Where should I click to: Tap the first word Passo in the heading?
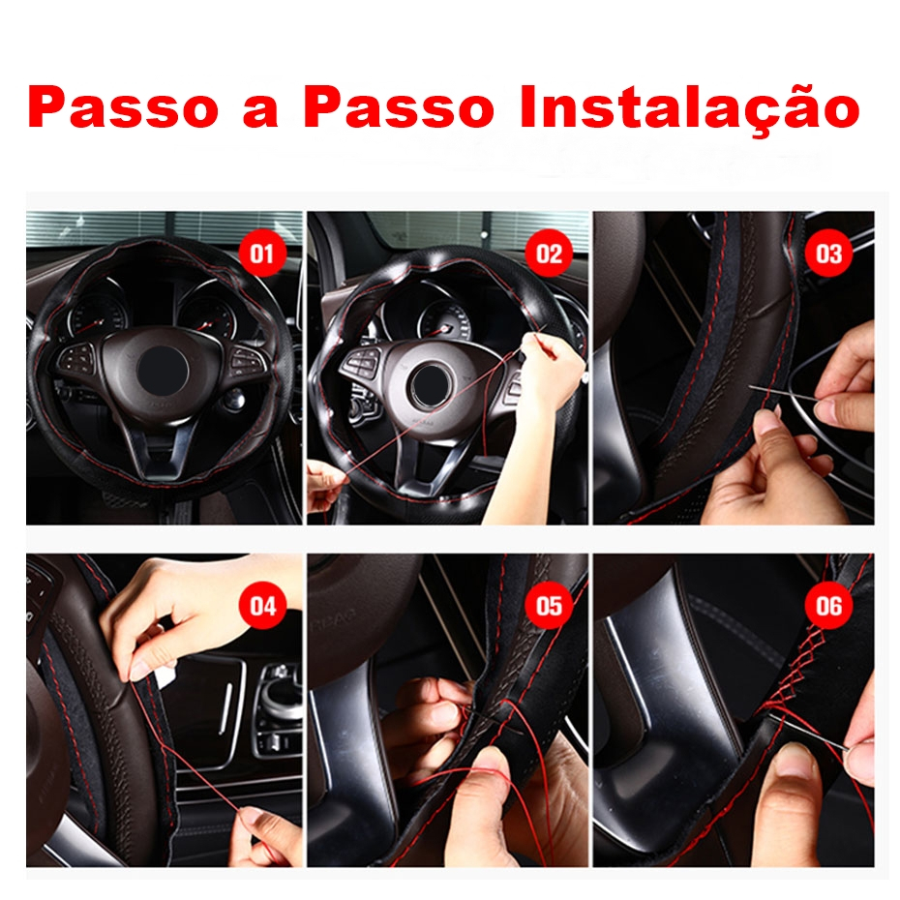(123, 107)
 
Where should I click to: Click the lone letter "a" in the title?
(260, 112)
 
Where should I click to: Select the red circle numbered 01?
(261, 254)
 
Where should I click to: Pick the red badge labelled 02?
(549, 254)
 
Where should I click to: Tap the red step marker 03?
(828, 254)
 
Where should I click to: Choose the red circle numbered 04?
(261, 606)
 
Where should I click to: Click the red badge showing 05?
(549, 606)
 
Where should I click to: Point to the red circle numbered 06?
(828, 606)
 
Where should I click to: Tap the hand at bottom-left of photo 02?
(324, 486)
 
